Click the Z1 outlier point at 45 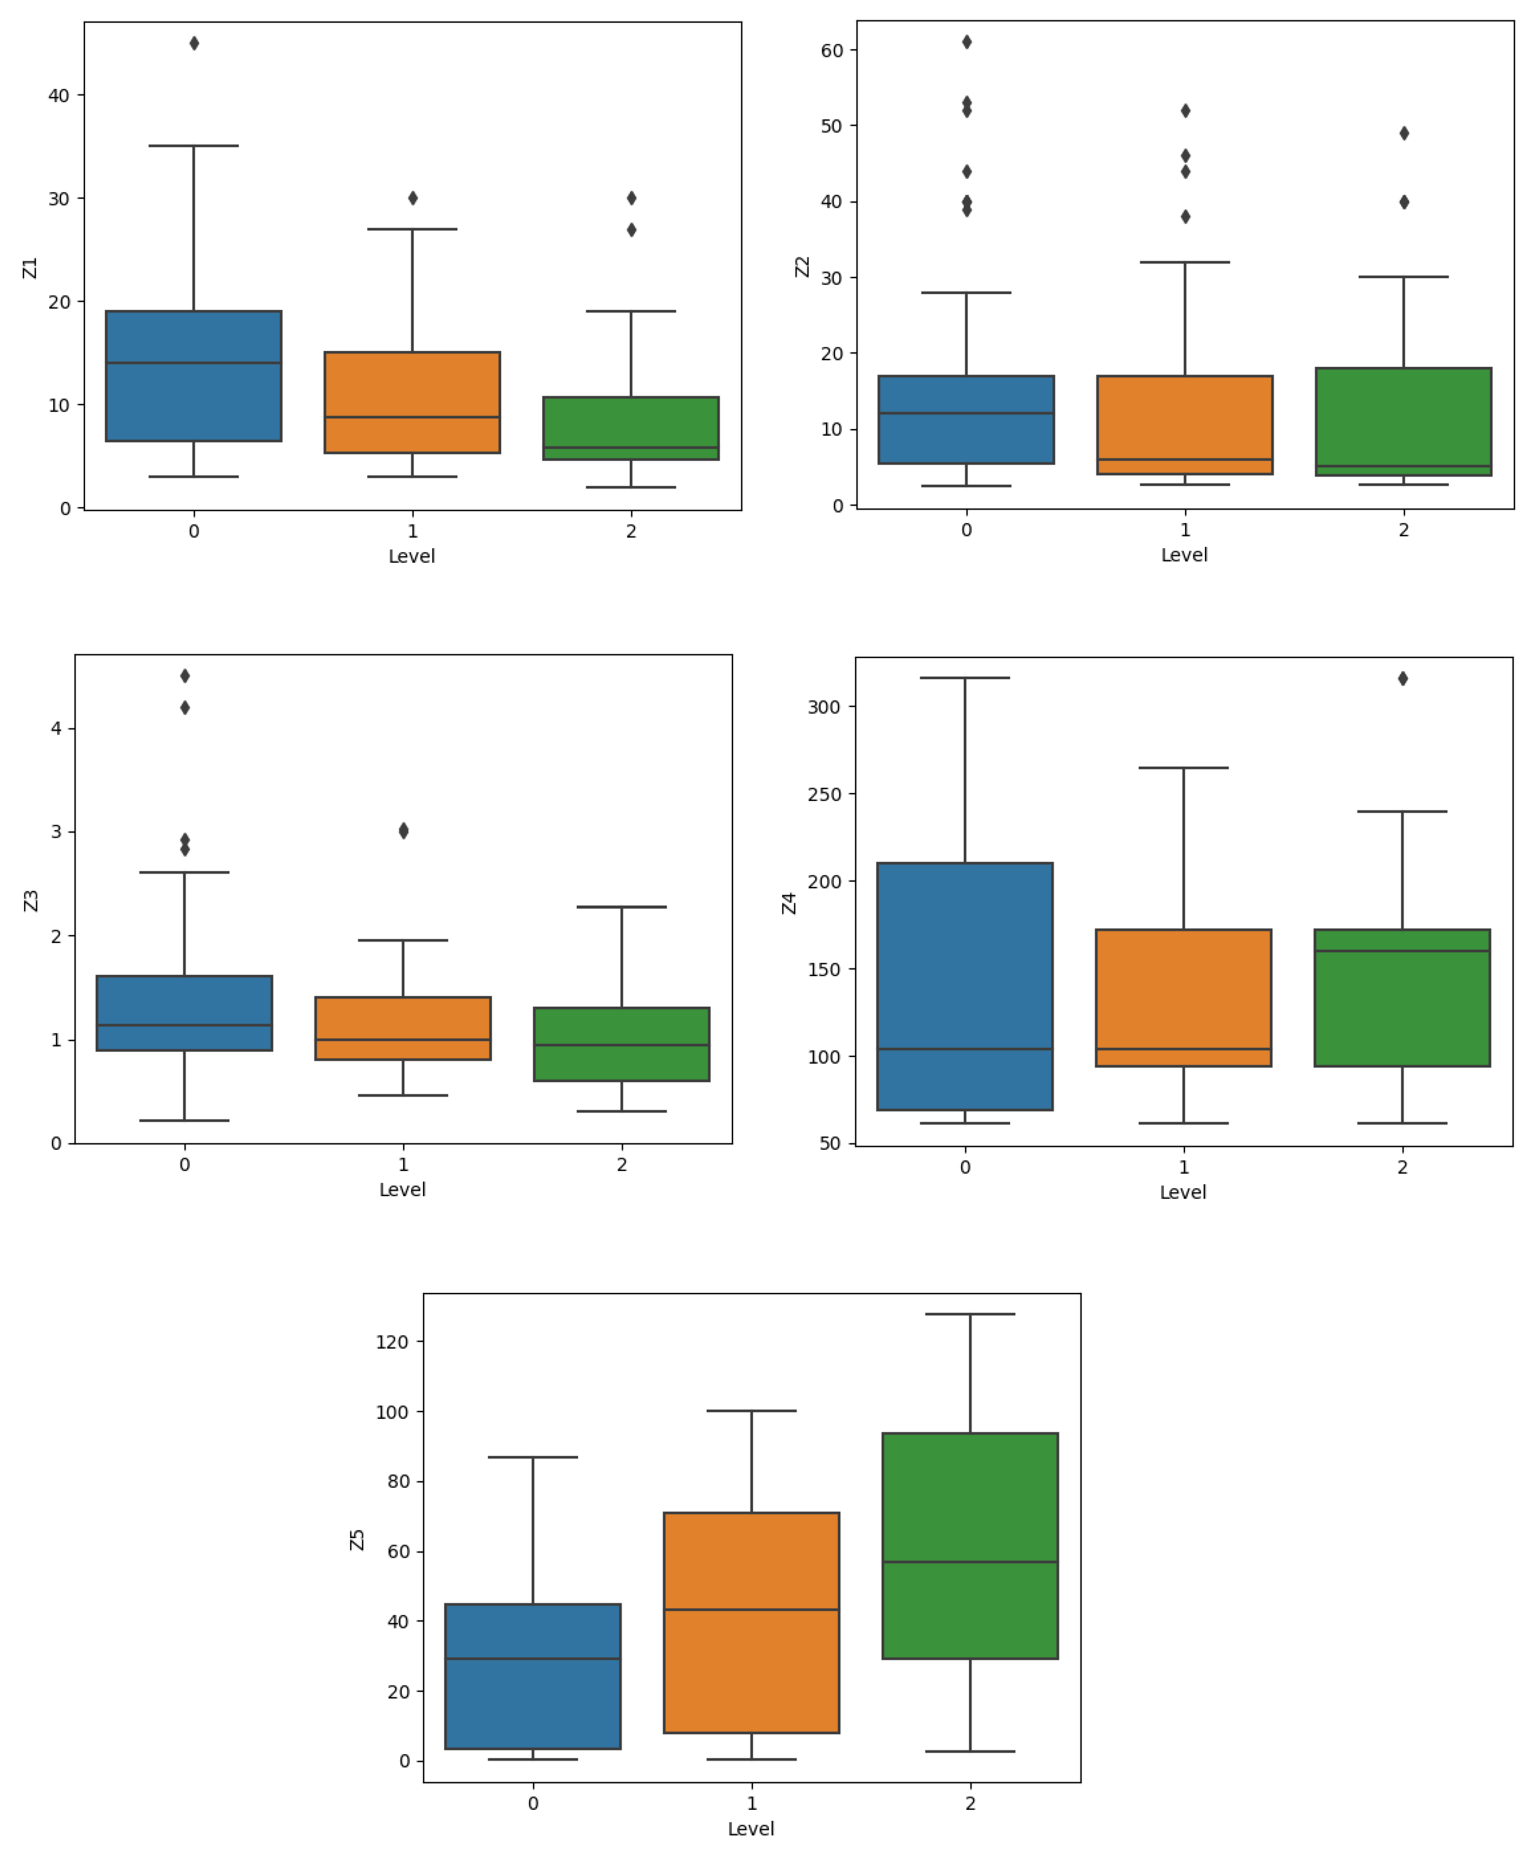point(194,43)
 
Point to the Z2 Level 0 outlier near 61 point(967,41)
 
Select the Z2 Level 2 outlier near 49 point(1404,133)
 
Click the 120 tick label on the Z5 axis point(392,1342)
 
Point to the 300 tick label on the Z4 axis point(824,707)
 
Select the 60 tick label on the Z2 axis point(832,50)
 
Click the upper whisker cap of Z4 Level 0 point(965,678)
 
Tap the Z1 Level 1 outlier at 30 point(413,198)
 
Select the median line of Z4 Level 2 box point(1402,951)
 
